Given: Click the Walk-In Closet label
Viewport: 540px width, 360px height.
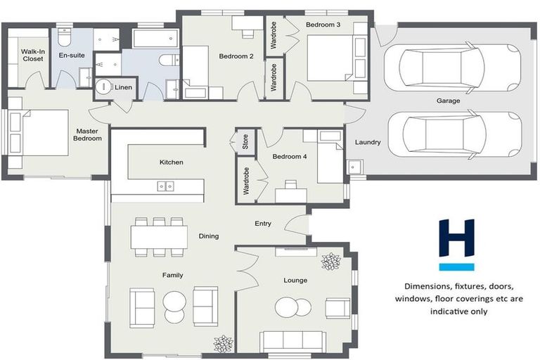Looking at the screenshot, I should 32,55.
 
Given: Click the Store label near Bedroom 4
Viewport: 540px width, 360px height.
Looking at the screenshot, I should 245,143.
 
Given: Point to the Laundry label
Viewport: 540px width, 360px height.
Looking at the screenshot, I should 367,142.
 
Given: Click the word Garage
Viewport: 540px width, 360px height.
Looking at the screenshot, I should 448,101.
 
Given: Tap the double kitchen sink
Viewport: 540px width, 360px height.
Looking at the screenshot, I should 166,186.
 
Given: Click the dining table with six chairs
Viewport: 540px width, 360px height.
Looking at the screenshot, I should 159,236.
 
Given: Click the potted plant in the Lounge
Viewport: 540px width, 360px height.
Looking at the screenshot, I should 330,261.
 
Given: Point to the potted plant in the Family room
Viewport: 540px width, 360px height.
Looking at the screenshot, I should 223,344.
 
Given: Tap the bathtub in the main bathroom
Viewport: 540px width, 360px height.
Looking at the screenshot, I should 155,38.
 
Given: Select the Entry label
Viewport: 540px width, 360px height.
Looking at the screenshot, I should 263,224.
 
